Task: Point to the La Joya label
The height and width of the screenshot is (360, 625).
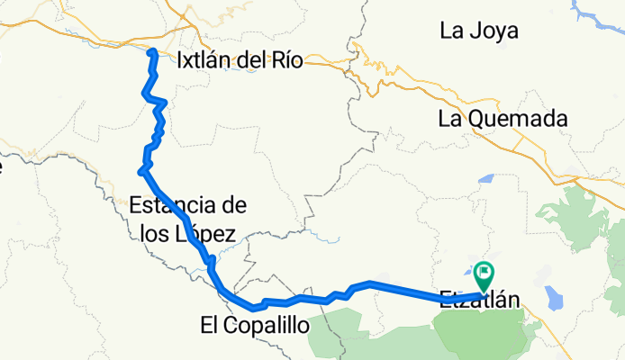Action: pos(478,31)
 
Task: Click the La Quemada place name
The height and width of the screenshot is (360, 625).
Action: pos(503,118)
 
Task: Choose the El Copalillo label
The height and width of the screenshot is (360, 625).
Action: pos(254,324)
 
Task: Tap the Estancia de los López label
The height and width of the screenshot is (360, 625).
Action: pos(187,219)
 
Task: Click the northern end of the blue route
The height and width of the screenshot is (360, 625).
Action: pos(152,51)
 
